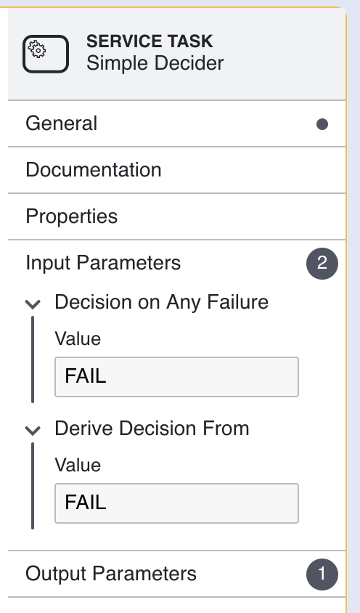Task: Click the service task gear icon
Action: (x=46, y=54)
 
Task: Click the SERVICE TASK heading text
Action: (x=150, y=41)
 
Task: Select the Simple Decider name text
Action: (x=155, y=63)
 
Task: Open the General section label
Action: (x=62, y=123)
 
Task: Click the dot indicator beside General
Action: (x=322, y=124)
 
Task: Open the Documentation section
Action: (x=94, y=170)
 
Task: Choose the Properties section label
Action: (x=72, y=216)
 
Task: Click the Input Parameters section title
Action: (x=103, y=263)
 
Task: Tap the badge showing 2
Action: (x=322, y=263)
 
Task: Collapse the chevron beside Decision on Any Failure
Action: (x=33, y=304)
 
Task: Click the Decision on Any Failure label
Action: (x=161, y=303)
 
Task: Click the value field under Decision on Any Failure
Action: (x=176, y=377)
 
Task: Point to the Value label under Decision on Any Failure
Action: (x=78, y=338)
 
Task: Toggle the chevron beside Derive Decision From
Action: (x=33, y=430)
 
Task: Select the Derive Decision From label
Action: (x=152, y=429)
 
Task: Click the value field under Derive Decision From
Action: (x=176, y=503)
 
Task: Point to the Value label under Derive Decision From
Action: (x=78, y=466)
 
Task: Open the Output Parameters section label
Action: (x=111, y=574)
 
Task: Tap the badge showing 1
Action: (x=322, y=575)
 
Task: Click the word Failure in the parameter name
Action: (x=237, y=302)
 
